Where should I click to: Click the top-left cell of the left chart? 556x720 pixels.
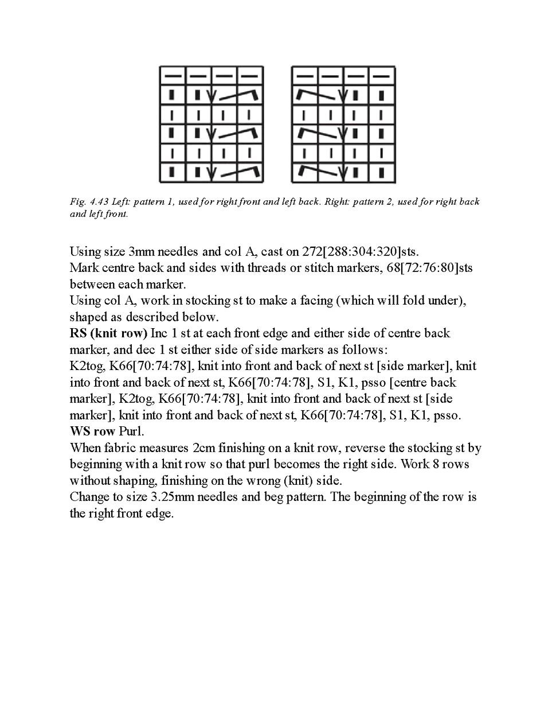point(172,75)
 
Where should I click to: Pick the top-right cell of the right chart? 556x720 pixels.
point(382,75)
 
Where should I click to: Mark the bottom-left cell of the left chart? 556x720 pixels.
point(172,173)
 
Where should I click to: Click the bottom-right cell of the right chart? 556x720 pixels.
point(382,173)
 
